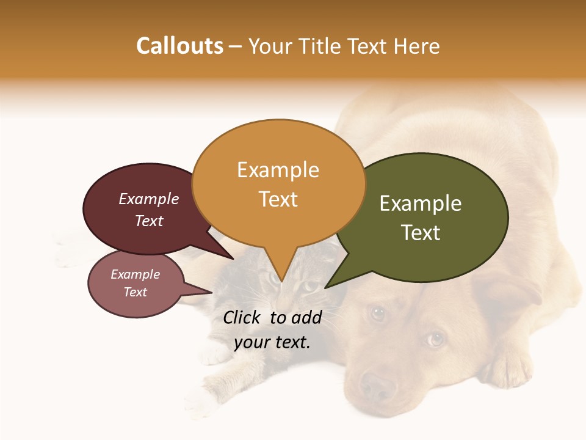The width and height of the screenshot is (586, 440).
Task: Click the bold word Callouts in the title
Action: click(180, 46)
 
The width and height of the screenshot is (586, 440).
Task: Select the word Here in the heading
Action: click(417, 46)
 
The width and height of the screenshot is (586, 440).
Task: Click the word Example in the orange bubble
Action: click(278, 170)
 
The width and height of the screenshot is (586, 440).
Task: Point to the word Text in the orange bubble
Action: click(278, 199)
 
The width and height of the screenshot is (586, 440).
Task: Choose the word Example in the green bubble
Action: click(421, 203)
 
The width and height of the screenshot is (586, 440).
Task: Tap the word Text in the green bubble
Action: click(421, 233)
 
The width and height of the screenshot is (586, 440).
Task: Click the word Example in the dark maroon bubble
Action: click(148, 199)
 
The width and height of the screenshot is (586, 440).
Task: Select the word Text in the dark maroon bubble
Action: click(148, 221)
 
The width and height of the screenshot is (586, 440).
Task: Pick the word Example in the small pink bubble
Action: click(135, 274)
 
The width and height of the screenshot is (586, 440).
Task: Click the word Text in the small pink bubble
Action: click(135, 292)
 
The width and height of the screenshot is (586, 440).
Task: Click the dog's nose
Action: click(377, 386)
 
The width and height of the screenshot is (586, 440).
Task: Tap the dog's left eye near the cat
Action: click(378, 313)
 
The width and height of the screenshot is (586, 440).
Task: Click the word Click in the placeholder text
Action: click(243, 317)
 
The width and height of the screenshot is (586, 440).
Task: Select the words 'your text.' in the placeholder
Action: click(272, 342)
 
